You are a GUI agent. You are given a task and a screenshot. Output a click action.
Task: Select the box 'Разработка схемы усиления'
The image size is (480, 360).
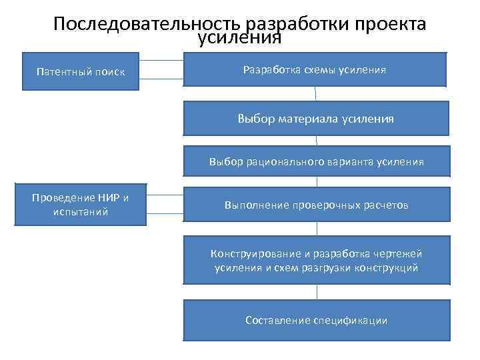point(315,69)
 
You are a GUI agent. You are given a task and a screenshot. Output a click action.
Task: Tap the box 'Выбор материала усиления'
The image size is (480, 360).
point(315,119)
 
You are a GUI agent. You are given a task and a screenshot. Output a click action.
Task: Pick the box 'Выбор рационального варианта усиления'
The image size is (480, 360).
point(315,162)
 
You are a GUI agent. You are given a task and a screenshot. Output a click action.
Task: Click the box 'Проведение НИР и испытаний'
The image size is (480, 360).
point(79,205)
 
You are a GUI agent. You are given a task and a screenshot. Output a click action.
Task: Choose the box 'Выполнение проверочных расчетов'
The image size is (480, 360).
point(315,205)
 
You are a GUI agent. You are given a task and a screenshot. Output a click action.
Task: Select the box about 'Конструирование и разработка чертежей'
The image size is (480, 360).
point(315,261)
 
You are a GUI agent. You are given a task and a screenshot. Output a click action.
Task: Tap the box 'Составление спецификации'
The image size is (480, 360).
point(315,320)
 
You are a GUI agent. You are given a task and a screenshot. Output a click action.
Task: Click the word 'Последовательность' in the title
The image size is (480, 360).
point(147,25)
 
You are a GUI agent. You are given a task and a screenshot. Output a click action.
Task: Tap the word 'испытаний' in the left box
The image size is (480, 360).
point(79,212)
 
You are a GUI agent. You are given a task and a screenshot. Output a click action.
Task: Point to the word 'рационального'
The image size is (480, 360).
point(278,162)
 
